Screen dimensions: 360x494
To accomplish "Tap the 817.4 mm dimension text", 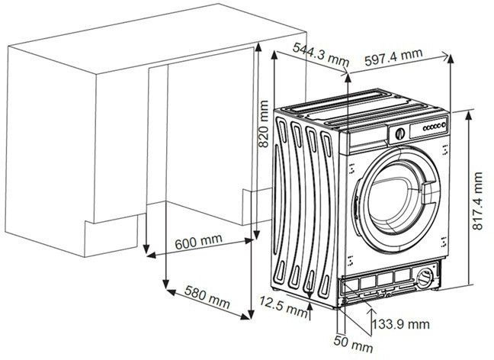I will (x=478, y=201).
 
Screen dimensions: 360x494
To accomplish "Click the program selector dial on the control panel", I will (x=397, y=133).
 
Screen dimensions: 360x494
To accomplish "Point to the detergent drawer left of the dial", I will (x=366, y=137).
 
